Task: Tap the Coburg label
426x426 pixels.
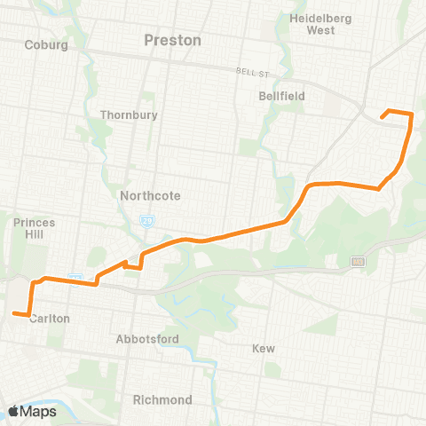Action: coord(47,44)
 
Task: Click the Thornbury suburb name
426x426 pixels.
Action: coord(129,114)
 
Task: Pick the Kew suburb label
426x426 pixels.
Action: coord(264,349)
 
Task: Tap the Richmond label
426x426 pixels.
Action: coord(162,399)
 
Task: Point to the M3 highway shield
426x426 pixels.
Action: coord(357,261)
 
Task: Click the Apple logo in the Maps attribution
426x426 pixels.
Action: coord(14,411)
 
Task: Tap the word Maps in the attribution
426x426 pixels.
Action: coord(40,411)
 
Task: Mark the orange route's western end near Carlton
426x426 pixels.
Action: coord(13,312)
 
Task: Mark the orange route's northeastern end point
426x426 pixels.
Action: coord(382,116)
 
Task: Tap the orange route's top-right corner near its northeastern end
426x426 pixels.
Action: coord(412,113)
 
